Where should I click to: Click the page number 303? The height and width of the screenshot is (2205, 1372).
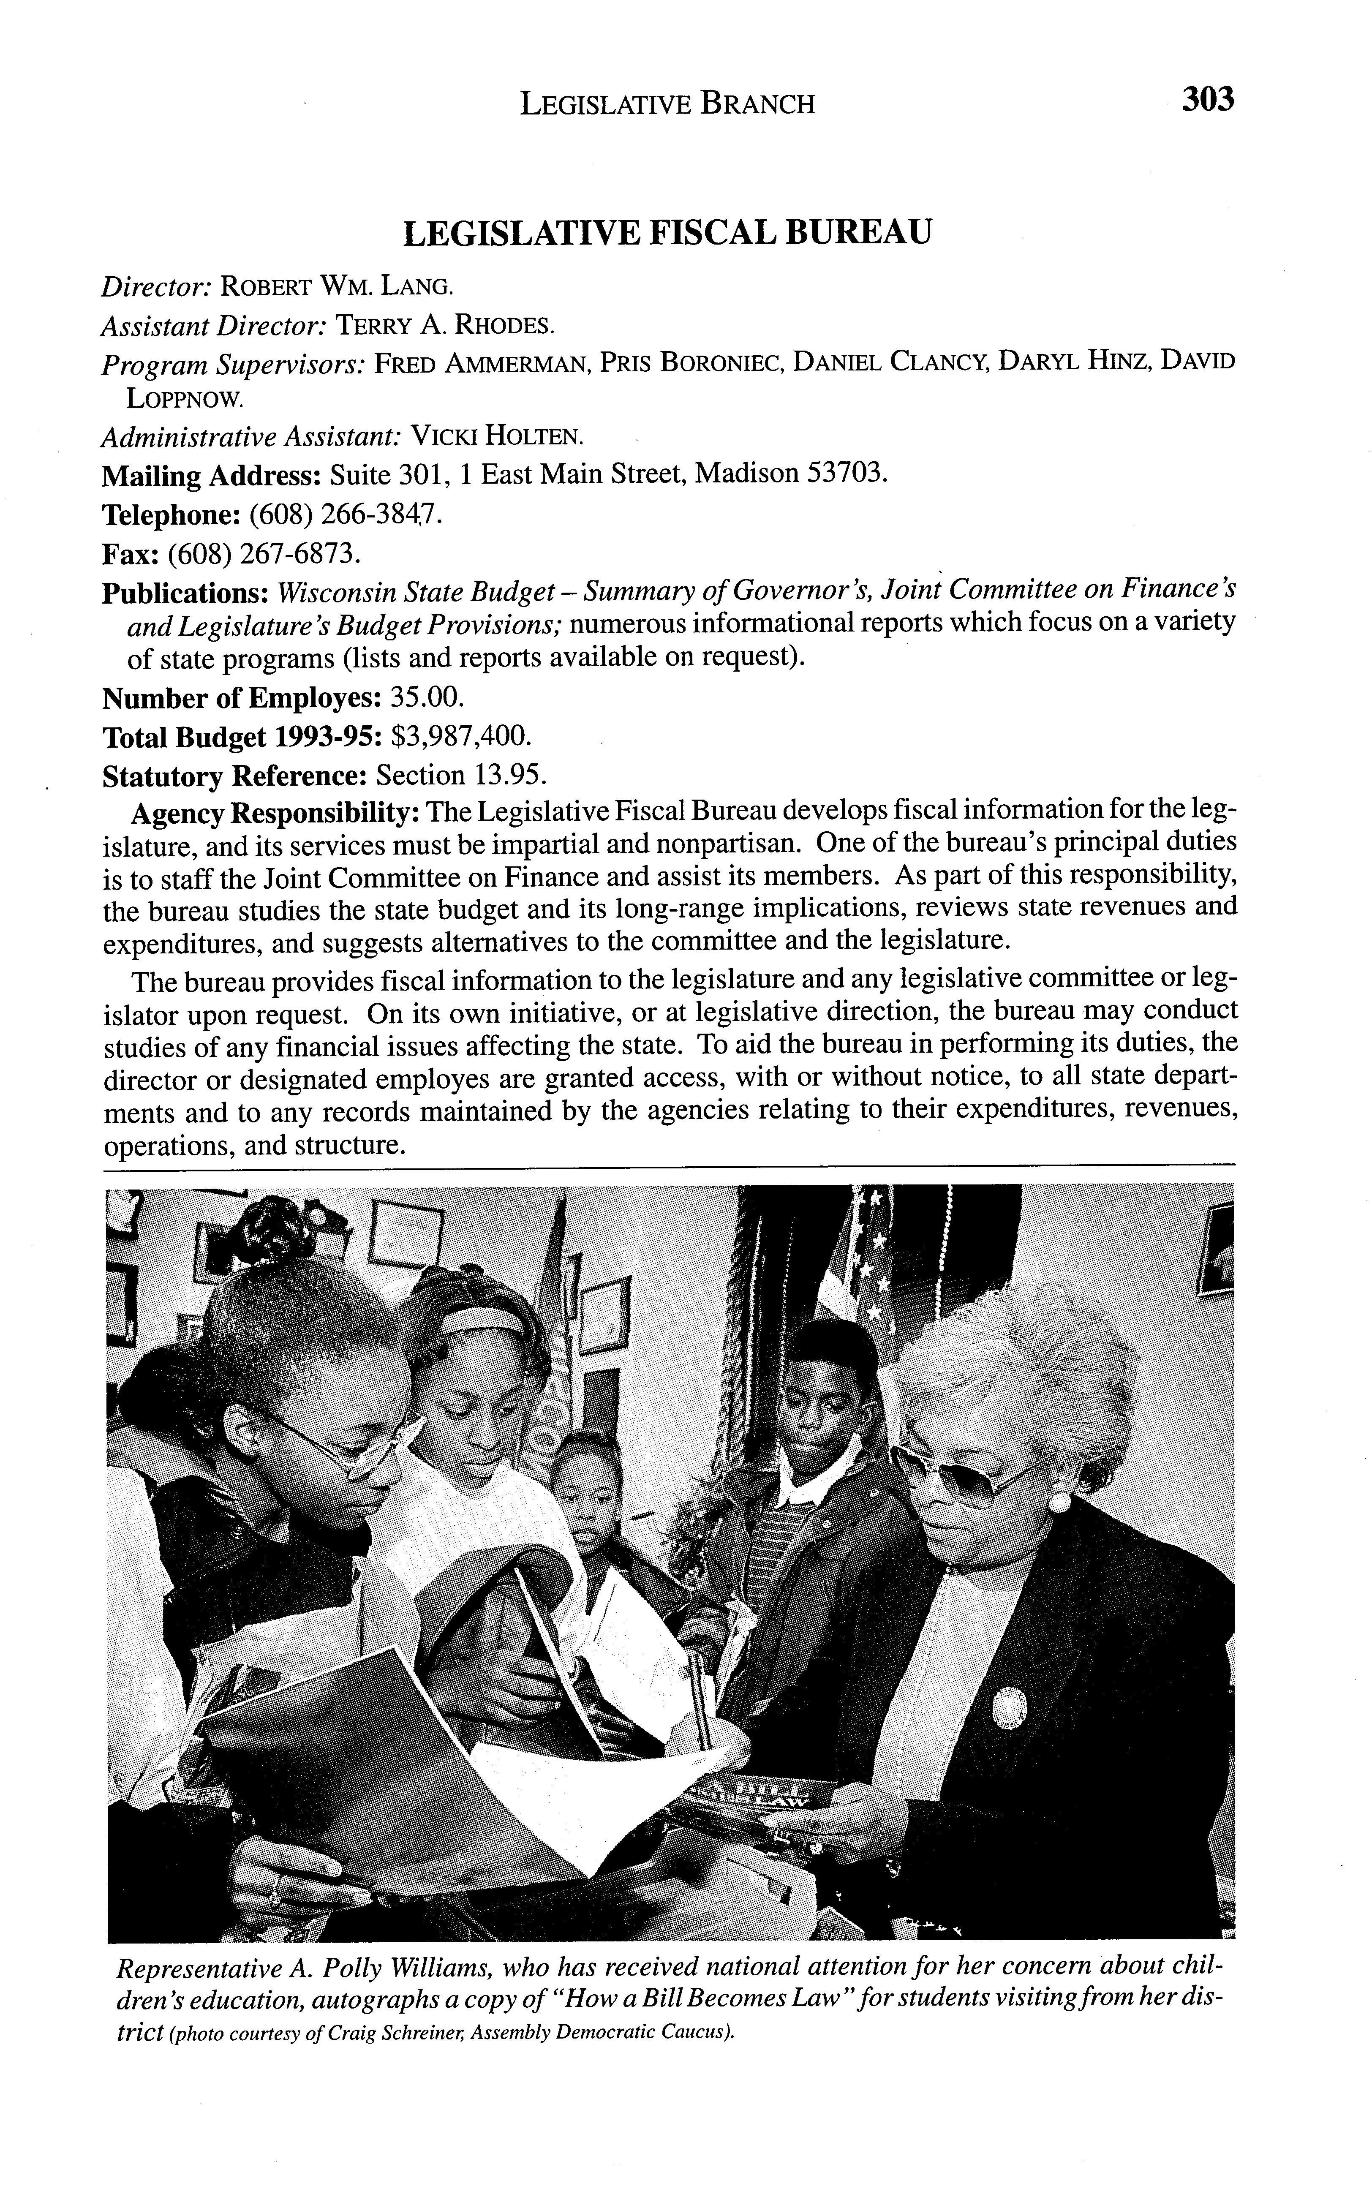(1208, 99)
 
